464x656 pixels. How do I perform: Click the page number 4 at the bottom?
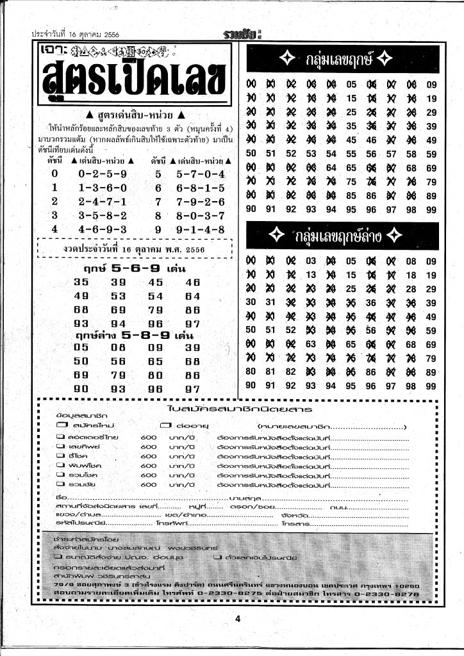pyautogui.click(x=236, y=618)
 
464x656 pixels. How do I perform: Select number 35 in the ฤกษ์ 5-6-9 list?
pyautogui.click(x=81, y=282)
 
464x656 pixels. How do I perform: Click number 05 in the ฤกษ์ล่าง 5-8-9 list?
pyautogui.click(x=81, y=348)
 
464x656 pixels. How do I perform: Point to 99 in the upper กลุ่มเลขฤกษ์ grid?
pyautogui.click(x=431, y=209)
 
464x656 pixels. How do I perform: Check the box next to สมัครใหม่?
pyautogui.click(x=62, y=425)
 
